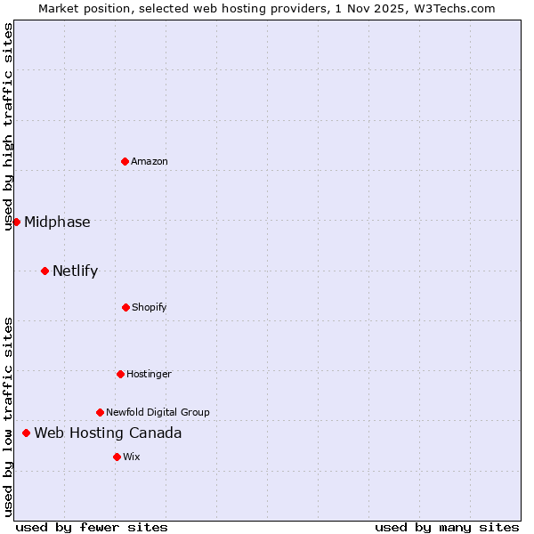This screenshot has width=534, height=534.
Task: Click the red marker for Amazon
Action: pos(125,161)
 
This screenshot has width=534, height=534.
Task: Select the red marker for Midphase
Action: pos(16,222)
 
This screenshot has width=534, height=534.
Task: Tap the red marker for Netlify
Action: pos(44,271)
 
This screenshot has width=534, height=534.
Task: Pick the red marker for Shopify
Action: pos(125,307)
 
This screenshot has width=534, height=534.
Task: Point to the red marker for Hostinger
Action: pos(120,374)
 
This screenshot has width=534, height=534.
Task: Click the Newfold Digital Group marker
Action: pos(100,412)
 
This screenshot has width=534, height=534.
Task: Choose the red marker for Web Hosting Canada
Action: pos(26,433)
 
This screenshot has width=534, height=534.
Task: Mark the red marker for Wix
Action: pos(117,457)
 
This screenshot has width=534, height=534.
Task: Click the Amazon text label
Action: pos(150,161)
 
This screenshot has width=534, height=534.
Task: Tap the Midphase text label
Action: pos(57,222)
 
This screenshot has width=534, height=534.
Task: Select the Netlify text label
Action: pos(75,271)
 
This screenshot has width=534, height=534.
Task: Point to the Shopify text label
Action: pos(150,307)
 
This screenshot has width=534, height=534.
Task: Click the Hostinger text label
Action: pos(149,374)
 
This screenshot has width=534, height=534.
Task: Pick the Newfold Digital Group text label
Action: pos(158,412)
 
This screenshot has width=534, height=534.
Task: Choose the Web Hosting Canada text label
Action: pos(108,433)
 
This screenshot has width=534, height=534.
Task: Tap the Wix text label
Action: pos(132,457)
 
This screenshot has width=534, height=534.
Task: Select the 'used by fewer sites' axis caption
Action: pos(92,527)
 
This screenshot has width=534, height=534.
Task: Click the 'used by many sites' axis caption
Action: pos(447,527)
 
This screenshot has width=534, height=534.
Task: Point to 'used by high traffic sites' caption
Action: pos(8,126)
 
